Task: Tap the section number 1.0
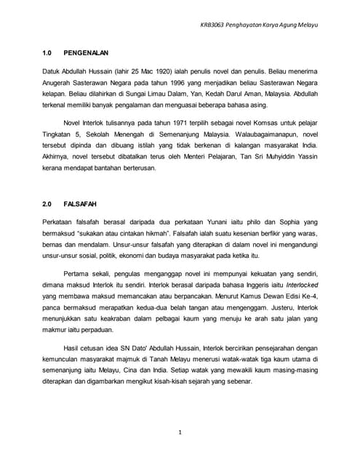coord(47,54)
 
